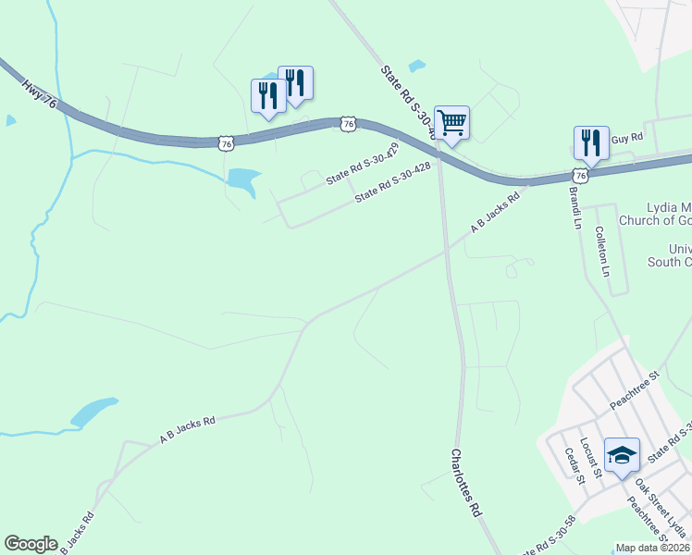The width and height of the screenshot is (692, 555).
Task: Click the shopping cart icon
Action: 451,122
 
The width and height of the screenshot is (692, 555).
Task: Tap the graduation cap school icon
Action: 622,455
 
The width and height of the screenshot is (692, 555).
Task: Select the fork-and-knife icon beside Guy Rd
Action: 590,142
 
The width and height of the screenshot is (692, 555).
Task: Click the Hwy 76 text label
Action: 39,92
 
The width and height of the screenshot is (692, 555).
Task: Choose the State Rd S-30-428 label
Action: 393,184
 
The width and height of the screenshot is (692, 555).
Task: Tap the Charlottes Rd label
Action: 466,484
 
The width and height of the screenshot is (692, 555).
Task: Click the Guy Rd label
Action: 626,136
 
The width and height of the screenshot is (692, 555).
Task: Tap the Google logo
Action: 31,544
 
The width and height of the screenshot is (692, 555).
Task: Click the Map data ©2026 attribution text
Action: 652,548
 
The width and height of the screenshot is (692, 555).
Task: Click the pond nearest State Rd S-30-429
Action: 242,179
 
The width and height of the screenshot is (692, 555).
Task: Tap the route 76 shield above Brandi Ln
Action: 579,176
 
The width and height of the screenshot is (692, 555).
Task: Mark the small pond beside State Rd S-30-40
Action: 417,66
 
